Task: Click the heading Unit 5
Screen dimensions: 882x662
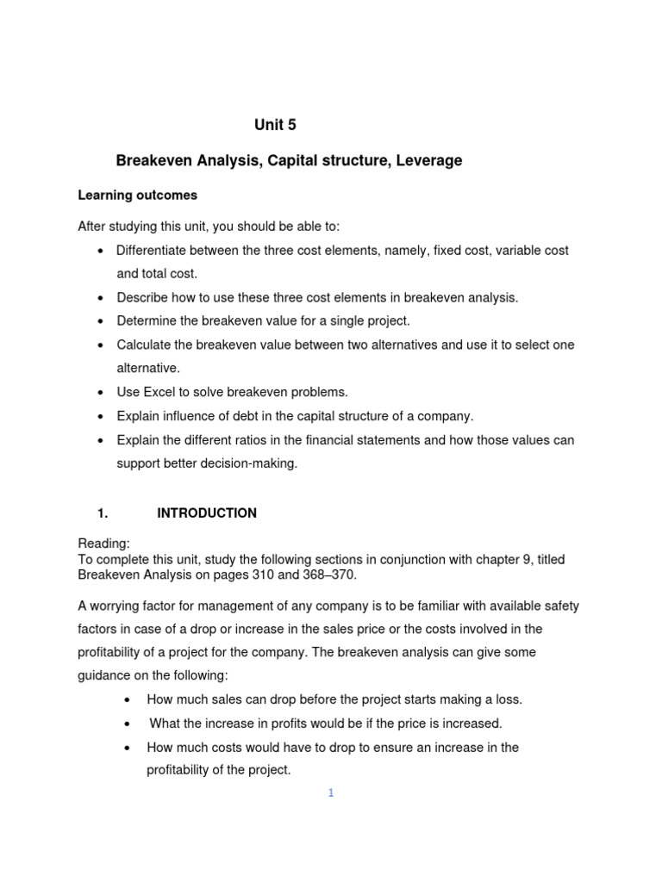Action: point(275,125)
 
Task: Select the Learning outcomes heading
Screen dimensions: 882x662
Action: point(138,196)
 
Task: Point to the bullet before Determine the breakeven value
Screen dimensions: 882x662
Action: point(100,321)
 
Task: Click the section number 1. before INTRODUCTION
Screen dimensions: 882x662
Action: point(103,513)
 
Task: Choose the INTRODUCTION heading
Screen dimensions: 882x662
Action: point(207,513)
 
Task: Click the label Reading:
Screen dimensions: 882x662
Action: point(104,543)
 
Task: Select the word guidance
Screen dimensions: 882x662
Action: point(109,676)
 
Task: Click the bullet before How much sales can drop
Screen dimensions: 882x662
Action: point(128,700)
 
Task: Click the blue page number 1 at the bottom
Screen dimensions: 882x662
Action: point(330,793)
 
